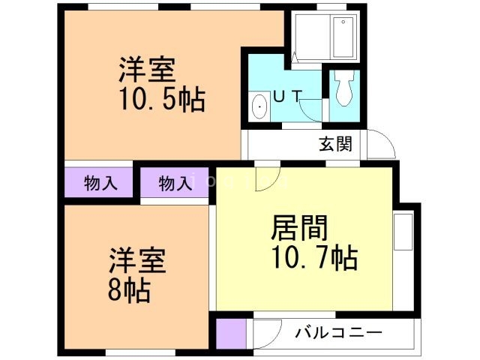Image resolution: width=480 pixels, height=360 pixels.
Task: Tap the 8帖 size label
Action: tap(128, 289)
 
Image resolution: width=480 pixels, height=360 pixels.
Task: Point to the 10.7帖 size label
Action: tap(313, 259)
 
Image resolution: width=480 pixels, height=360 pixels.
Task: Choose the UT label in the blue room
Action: tap(287, 96)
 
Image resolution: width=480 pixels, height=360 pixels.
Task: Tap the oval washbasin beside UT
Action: tap(260, 106)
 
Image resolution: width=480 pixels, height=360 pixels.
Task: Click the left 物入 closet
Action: tap(100, 183)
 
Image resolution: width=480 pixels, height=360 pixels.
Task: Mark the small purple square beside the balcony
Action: tap(231, 332)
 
